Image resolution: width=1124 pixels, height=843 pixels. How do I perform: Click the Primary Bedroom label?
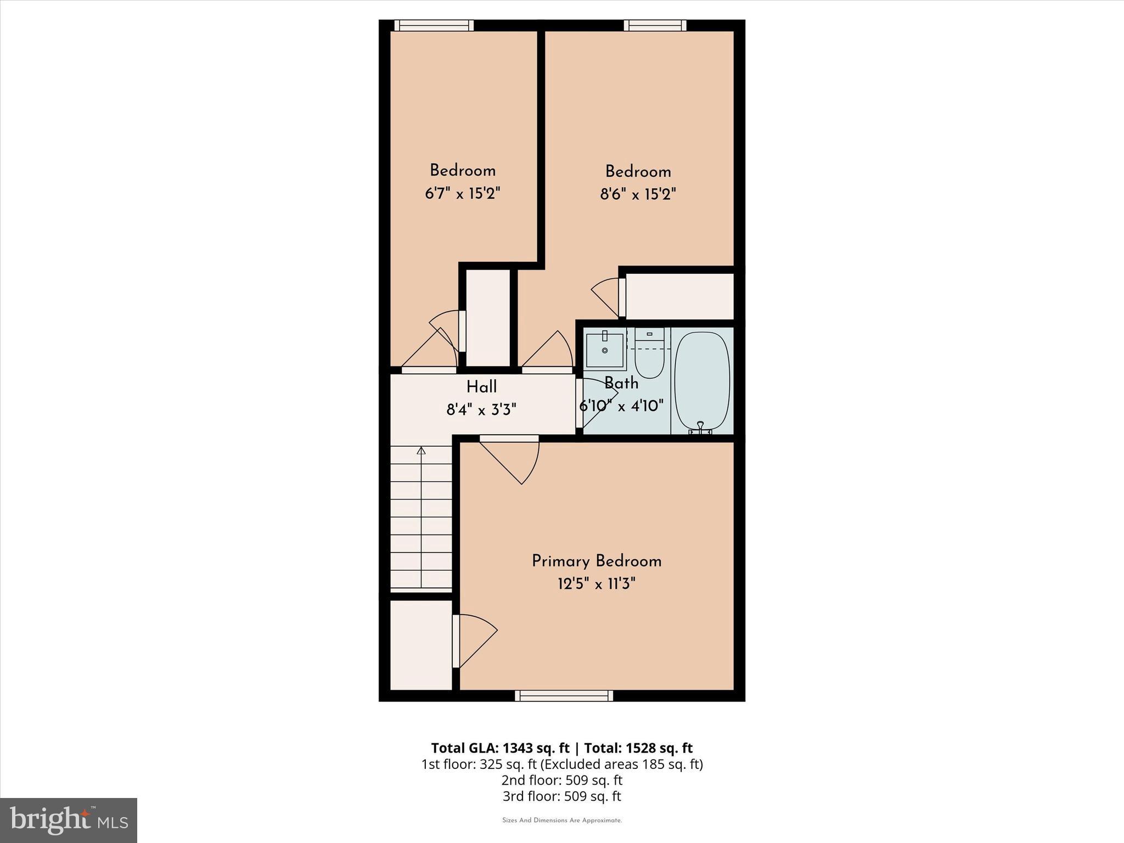click(597, 561)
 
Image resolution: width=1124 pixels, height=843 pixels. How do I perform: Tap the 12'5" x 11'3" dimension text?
click(597, 583)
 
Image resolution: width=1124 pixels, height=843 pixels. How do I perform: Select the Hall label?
click(481, 387)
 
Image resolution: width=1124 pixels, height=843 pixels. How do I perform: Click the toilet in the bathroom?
click(649, 357)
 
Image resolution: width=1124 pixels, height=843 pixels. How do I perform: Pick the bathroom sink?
click(605, 350)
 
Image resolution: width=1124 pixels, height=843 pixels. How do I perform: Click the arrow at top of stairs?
click(421, 451)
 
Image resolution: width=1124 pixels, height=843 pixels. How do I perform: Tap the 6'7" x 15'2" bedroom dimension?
click(463, 193)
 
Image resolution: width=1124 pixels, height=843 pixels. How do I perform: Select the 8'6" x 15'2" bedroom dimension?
click(638, 194)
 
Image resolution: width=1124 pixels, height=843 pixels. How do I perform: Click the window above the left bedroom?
click(434, 25)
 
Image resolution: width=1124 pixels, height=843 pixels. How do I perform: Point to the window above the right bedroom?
click(655, 25)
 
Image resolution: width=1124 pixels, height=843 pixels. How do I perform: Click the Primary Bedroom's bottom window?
click(564, 696)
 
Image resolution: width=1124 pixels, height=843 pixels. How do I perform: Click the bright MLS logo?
click(69, 820)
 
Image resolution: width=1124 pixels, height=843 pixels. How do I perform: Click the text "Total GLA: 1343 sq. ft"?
click(500, 748)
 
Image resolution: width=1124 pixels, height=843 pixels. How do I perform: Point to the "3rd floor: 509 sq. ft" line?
click(561, 796)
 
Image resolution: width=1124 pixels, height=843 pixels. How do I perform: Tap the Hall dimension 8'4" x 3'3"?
click(481, 409)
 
